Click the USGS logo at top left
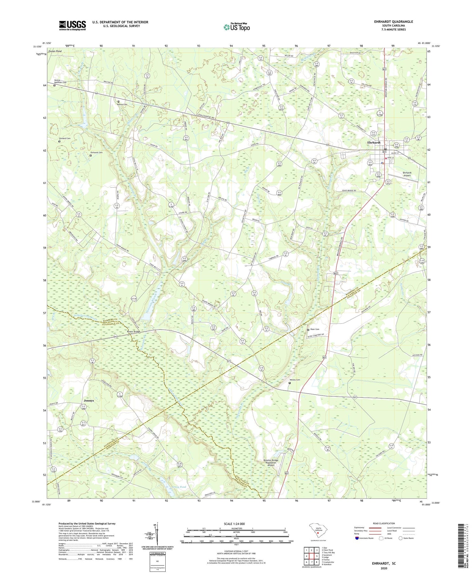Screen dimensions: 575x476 point(72,25)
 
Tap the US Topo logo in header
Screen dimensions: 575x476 point(237,27)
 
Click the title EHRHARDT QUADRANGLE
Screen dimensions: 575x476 point(393,22)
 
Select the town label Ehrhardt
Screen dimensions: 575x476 point(374,143)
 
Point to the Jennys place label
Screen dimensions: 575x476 point(89,401)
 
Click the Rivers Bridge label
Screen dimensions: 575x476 point(134,332)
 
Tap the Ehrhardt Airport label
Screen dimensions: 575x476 point(407,174)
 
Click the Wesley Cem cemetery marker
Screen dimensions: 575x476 point(289,383)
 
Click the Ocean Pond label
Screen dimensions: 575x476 point(54,51)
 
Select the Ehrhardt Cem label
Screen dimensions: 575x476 point(96,153)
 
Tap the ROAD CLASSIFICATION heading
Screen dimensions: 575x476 point(384,523)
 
